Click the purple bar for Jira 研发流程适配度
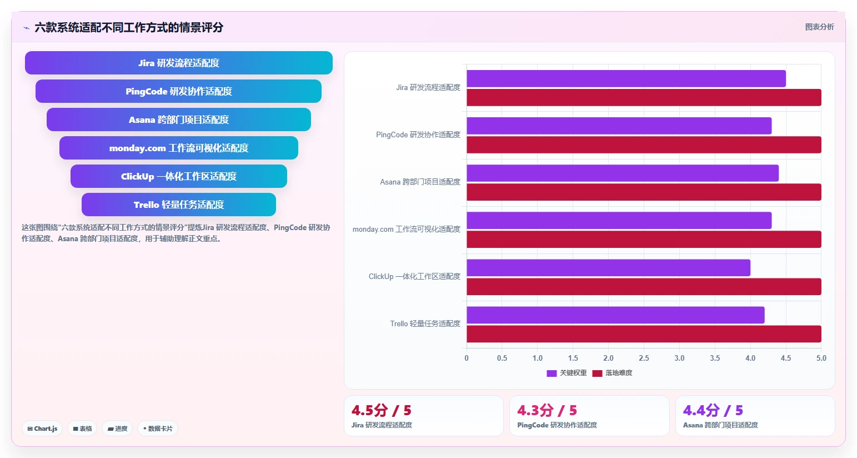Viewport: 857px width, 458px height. [626, 78]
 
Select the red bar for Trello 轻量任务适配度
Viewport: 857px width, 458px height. [644, 334]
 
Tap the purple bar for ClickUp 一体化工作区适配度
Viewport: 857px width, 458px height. [608, 268]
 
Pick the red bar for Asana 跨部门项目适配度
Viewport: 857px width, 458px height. [644, 192]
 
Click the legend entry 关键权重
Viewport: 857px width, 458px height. [567, 373]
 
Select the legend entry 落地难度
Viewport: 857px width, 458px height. [612, 373]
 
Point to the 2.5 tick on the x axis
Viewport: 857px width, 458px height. [644, 358]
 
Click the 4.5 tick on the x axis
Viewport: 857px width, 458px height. [786, 358]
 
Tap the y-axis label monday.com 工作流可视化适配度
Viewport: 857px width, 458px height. [407, 229]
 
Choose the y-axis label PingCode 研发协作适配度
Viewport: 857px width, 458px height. [418, 135]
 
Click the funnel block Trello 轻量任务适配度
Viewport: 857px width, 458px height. [179, 205]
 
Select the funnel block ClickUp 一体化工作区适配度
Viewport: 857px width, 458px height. [179, 176]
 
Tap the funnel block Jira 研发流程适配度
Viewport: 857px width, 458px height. [179, 63]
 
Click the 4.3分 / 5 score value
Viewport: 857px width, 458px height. [547, 411]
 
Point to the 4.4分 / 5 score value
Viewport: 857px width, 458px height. [713, 411]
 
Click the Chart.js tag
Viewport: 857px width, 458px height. [42, 429]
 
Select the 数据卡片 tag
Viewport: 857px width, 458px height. [158, 429]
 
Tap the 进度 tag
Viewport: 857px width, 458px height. [117, 429]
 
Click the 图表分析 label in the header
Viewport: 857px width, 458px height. [819, 27]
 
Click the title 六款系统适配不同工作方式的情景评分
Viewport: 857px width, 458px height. [129, 28]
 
